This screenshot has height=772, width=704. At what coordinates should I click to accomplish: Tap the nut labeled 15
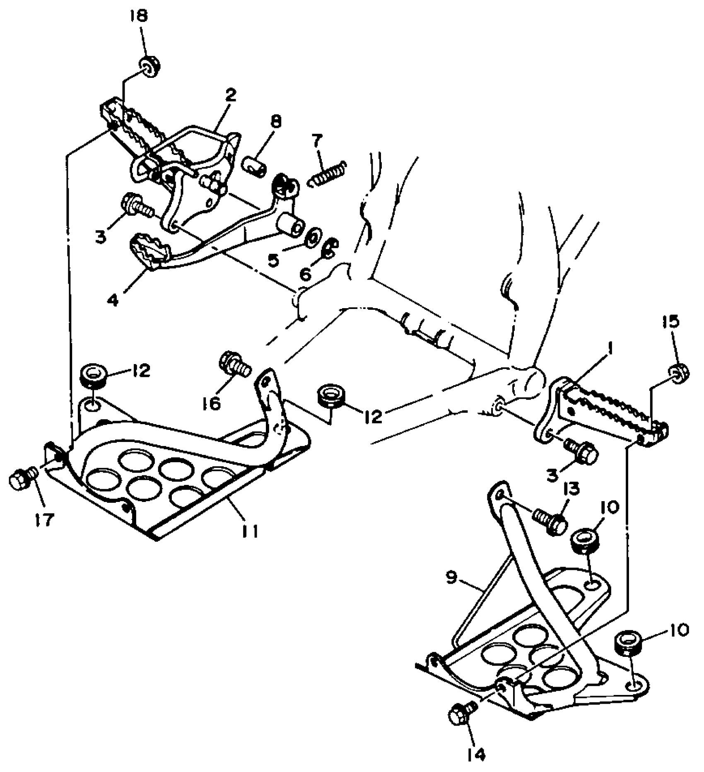pyautogui.click(x=678, y=373)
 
